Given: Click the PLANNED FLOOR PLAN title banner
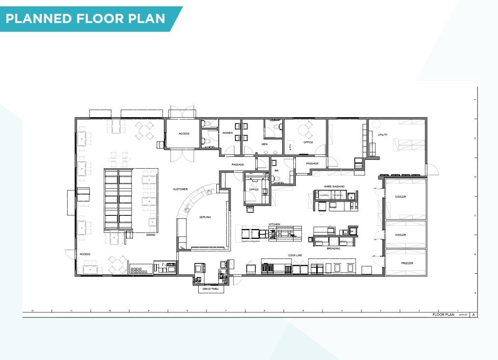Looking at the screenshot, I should [86, 19].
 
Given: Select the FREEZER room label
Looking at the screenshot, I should [407, 263].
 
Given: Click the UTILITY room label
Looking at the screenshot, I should [383, 134].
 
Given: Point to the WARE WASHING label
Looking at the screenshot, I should [334, 186].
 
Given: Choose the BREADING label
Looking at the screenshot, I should [334, 248].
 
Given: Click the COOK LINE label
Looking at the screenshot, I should [295, 256].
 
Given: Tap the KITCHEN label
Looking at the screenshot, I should [274, 224].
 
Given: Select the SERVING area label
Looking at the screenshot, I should [205, 217].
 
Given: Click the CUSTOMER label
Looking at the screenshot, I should [180, 189].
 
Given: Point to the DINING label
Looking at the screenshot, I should [151, 234].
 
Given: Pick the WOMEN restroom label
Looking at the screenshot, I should [228, 133].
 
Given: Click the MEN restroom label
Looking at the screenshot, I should [264, 144].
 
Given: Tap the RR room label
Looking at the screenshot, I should [276, 171].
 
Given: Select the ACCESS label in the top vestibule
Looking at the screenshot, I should [184, 133].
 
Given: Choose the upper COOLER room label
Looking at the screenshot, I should [400, 197].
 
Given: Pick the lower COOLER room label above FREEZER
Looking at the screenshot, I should [400, 235].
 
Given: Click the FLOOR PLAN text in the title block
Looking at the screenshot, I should [443, 315].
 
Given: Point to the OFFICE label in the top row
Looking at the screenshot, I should [308, 142].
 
